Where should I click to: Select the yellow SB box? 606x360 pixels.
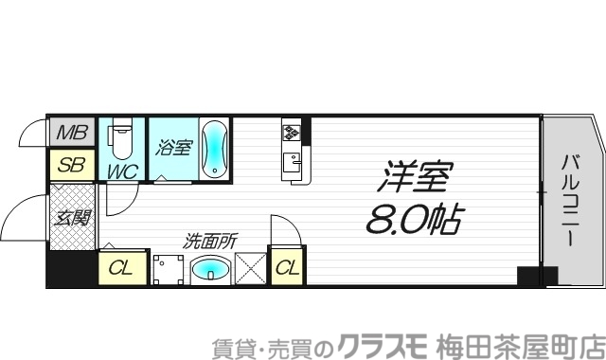coord(71,166)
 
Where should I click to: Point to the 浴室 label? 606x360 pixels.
coord(174,148)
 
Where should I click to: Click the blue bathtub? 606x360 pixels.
coord(215,149)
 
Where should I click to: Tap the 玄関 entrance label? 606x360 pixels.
coord(72,218)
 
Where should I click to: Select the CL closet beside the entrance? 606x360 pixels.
coord(122,268)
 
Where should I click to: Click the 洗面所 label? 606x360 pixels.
coord(210,242)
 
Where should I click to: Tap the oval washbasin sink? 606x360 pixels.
coord(209,271)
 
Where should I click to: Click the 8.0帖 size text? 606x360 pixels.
coord(413,221)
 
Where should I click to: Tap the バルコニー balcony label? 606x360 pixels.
coord(571,200)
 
